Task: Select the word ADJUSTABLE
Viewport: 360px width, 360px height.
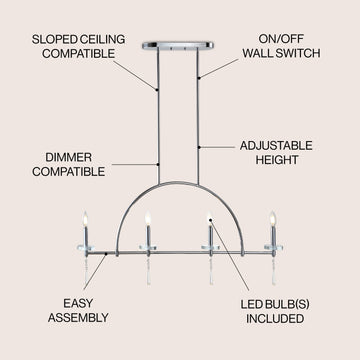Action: pos(276,146)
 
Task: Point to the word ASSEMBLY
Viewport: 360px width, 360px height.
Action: pos(78,318)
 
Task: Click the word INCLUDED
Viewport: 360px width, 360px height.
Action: pos(275,318)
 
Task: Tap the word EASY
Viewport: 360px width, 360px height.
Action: pos(78,303)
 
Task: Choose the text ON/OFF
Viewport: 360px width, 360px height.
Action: pos(281,39)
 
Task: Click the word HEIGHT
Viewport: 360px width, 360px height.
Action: pos(277,160)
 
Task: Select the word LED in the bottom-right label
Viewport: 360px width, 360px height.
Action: pos(251,304)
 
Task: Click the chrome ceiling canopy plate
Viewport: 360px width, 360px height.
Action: pos(178,45)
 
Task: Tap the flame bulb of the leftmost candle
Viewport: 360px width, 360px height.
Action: pos(85,219)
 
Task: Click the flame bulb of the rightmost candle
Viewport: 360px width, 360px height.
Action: pos(273,219)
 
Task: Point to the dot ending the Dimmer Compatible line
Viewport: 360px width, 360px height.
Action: pos(158,164)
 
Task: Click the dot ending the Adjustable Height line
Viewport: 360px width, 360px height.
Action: pos(199,147)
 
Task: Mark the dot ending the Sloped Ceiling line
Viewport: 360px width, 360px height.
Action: pos(156,90)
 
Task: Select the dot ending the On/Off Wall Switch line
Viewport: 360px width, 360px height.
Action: pos(199,78)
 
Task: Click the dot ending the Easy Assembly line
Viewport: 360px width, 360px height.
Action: pos(106,254)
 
